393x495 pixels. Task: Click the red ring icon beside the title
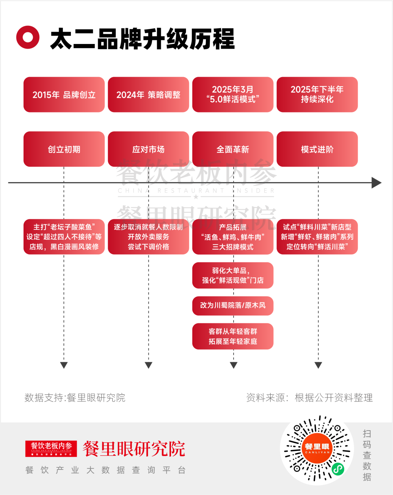tap(28, 37)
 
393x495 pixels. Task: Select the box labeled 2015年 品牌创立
tap(64, 95)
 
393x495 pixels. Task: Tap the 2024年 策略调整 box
tap(148, 95)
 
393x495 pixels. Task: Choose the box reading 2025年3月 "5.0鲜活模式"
tap(233, 95)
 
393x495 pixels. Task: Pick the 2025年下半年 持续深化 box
tap(317, 95)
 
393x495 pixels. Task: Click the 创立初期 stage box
tap(64, 149)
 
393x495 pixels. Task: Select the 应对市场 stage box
tap(148, 149)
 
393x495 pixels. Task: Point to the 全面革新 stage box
tap(233, 149)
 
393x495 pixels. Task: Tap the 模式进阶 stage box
tap(317, 149)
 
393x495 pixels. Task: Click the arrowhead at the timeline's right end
tap(376, 183)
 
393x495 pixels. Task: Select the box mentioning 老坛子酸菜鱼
tap(64, 237)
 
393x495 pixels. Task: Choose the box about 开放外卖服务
tap(148, 237)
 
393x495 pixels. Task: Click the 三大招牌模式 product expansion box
tap(233, 237)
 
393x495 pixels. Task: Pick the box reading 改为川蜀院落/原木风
tap(233, 306)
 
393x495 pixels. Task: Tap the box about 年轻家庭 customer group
tap(233, 336)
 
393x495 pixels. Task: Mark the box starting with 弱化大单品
tap(233, 275)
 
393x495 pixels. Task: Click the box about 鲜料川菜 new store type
tap(317, 237)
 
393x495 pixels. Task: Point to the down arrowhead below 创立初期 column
tap(64, 365)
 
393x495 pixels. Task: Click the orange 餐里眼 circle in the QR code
tap(317, 448)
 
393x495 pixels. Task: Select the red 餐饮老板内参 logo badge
tap(51, 448)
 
